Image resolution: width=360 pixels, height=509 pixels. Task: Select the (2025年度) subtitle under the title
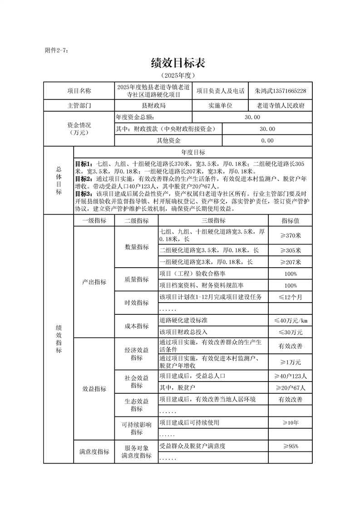coord(178,75)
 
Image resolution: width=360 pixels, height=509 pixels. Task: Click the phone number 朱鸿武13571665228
coord(281,91)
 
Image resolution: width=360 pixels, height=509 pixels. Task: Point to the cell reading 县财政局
coord(153,105)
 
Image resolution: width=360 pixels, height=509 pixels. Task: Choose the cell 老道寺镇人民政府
coord(281,105)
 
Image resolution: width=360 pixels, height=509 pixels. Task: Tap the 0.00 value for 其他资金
coord(267,141)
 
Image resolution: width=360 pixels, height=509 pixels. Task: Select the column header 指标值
coord(290,220)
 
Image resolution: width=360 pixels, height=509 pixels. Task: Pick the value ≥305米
coord(290,250)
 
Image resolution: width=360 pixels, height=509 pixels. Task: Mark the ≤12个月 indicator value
coord(290,297)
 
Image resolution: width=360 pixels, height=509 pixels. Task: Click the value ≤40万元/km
coord(290,321)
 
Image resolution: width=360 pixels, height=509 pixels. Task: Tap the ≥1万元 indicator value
coord(290,362)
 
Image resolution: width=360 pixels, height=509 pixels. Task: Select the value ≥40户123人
coord(290,376)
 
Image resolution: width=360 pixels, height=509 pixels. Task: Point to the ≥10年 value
coord(290,423)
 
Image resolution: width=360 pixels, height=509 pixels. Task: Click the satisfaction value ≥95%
coord(290,446)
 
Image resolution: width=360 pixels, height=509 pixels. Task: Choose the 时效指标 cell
coord(137,303)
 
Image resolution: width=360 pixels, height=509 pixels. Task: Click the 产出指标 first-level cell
coord(94,282)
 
